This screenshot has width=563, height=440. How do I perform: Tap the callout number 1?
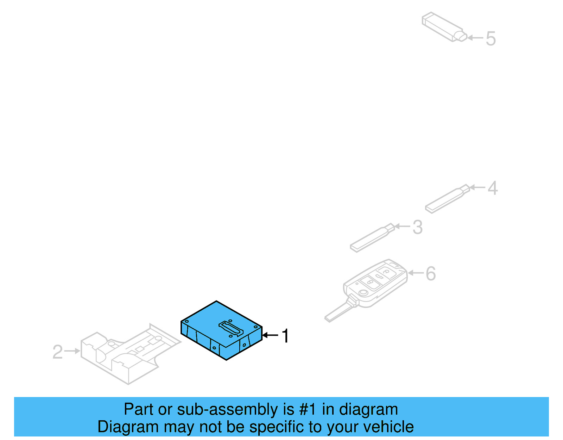coord(285,336)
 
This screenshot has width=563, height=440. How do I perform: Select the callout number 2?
coord(57,352)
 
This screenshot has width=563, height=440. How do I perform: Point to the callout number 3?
coord(417,227)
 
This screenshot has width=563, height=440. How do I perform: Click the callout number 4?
coord(493,188)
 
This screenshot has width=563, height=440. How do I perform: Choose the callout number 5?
coord(491,39)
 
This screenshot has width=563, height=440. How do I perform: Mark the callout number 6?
coord(431,274)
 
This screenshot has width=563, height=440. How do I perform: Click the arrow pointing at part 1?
coord(270,335)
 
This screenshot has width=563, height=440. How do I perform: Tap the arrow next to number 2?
coord(72,351)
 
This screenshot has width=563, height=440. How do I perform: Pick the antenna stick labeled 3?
coord(371,238)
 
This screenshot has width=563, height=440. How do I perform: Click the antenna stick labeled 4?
coord(446,199)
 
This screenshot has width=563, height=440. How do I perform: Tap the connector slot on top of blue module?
coord(231,329)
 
